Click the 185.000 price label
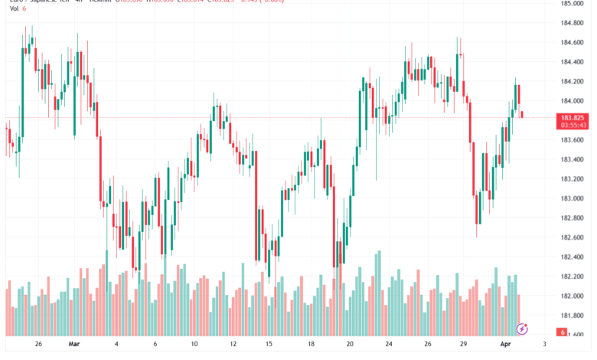(573, 4)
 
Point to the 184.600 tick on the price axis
(573, 43)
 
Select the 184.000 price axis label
(573, 101)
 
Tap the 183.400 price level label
(573, 159)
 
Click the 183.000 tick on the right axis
(573, 198)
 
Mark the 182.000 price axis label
(573, 296)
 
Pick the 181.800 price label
(573, 316)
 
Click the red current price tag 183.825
(573, 116)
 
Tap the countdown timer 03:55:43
(573, 124)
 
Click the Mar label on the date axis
(74, 345)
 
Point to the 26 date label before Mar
(38, 345)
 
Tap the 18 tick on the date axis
(311, 345)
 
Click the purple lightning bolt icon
(522, 329)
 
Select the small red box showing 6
(562, 332)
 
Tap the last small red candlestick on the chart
(522, 114)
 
